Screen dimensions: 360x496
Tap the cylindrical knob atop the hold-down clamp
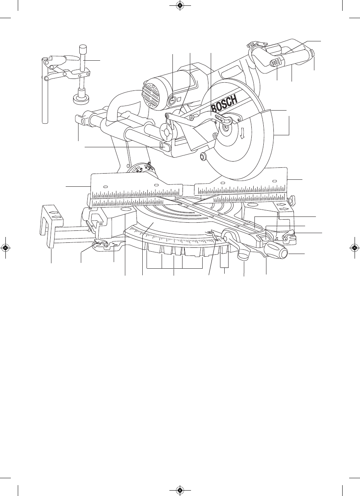(x=83, y=49)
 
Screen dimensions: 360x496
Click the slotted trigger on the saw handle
(x=275, y=61)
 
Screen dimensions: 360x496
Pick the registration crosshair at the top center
(x=179, y=5)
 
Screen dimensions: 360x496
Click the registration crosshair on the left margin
(x=5, y=248)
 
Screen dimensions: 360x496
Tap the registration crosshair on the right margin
(x=354, y=248)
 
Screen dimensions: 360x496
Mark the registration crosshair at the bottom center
(x=179, y=490)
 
